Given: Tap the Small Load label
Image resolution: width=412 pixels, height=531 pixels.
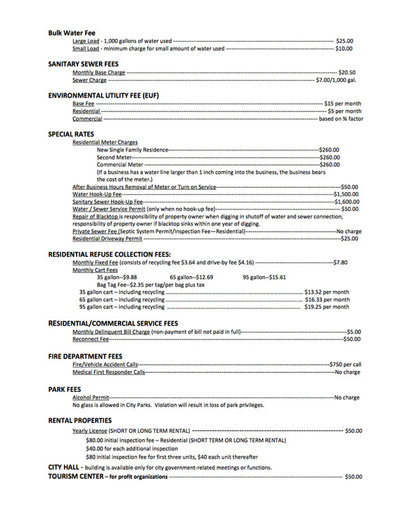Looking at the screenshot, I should (86, 49).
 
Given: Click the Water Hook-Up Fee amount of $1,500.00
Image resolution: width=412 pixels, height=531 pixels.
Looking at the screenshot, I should (346, 195).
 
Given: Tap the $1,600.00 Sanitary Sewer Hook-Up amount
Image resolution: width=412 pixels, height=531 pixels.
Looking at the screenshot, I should (346, 202).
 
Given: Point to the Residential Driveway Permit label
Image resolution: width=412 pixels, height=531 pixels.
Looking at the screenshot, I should (102, 239).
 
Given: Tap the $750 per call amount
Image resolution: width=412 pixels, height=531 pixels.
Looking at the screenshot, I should (345, 365).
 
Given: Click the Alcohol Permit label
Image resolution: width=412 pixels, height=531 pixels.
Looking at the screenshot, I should (91, 397).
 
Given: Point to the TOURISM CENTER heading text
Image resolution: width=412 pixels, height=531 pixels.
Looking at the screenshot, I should (75, 476).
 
